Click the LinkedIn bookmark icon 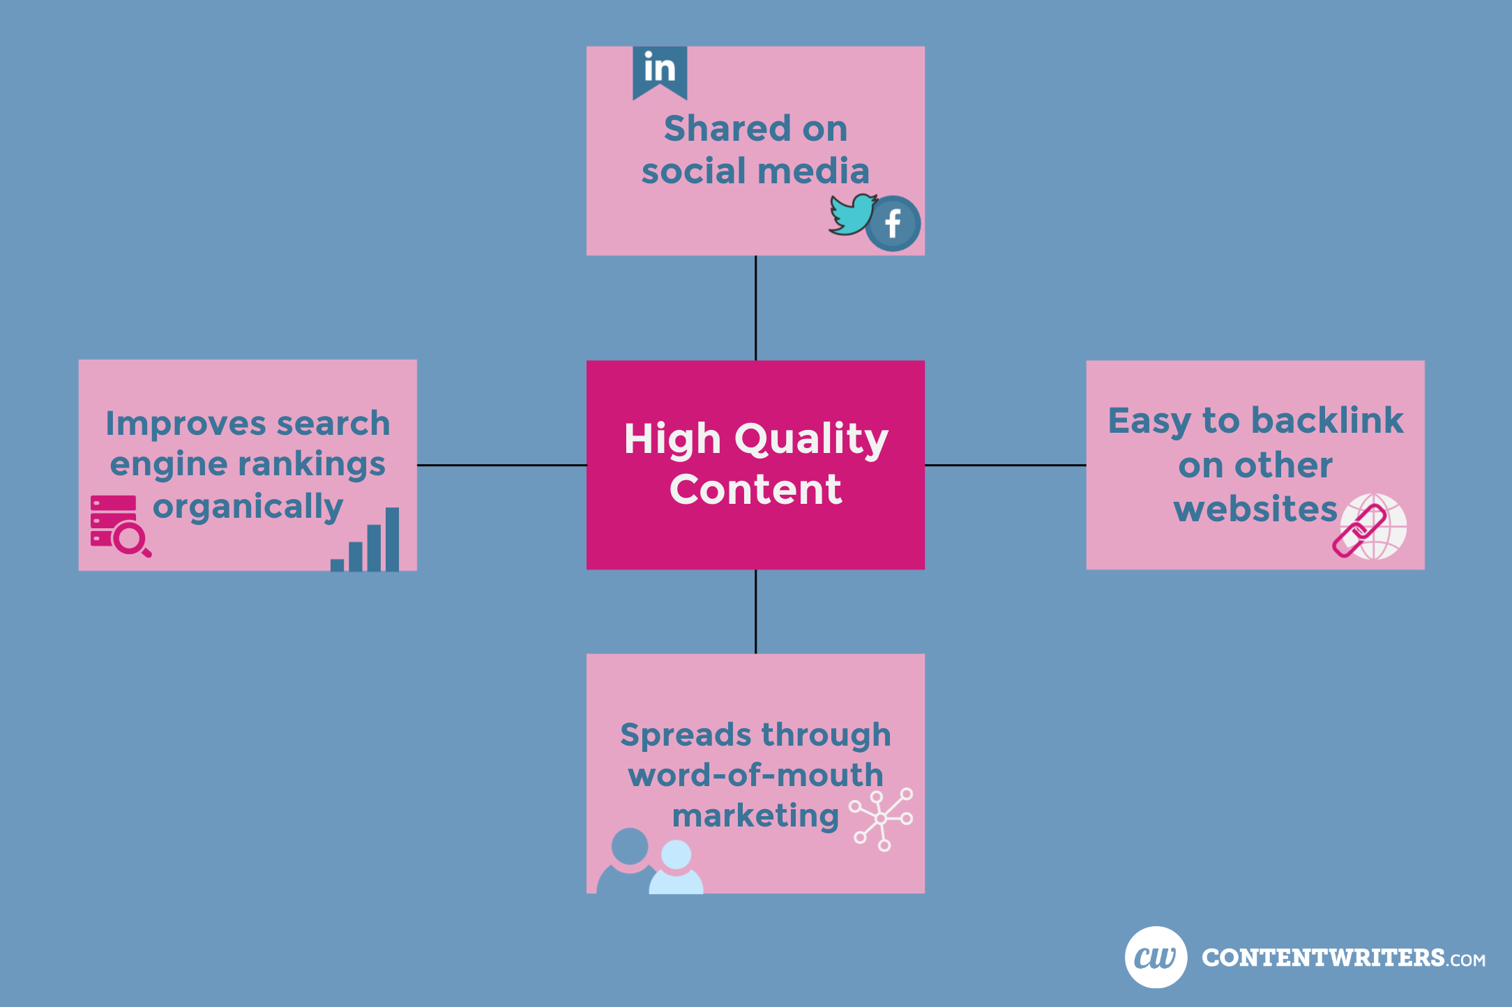click(x=660, y=72)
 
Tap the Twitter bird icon click(x=852, y=215)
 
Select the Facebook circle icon click(x=893, y=224)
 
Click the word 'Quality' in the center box click(x=812, y=440)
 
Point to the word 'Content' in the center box click(x=756, y=489)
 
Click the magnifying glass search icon click(x=130, y=540)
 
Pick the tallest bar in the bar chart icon click(x=392, y=539)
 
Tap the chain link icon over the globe click(x=1359, y=532)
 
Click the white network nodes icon click(x=881, y=819)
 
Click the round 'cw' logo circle click(x=1156, y=957)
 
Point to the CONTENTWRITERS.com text click(x=1343, y=958)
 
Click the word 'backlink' click(x=1327, y=420)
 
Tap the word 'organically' click(x=248, y=507)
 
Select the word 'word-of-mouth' click(x=756, y=775)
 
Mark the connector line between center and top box click(x=756, y=308)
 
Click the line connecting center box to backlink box click(x=1006, y=465)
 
